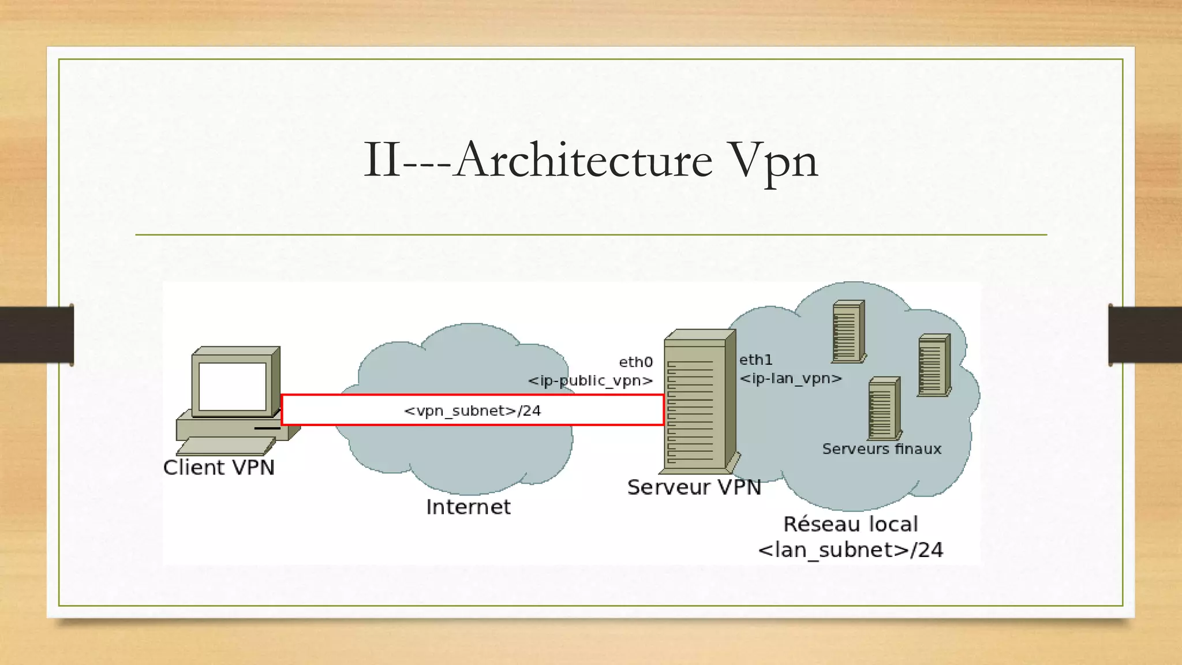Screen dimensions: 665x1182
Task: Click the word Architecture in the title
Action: [x=583, y=160]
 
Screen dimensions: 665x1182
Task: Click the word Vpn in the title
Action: [x=772, y=161]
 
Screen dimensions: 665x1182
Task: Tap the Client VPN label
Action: [x=219, y=468]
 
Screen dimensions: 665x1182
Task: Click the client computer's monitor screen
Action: [x=232, y=386]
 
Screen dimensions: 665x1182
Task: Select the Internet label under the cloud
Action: [x=468, y=507]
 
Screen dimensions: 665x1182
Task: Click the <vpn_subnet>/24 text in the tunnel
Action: [x=472, y=410]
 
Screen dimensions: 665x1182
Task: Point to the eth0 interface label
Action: [x=635, y=362]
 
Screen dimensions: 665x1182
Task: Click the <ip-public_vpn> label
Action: [x=590, y=381]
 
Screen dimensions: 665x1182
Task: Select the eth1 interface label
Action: [x=755, y=360]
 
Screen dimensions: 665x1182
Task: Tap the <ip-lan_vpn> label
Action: [x=791, y=379]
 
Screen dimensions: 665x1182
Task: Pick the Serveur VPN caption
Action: [x=694, y=487]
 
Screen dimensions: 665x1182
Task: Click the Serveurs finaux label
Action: [x=881, y=449]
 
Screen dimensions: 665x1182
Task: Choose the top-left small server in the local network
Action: [x=848, y=332]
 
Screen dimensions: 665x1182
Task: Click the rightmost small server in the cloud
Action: [x=933, y=365]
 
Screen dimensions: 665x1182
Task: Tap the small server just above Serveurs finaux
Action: [x=883, y=409]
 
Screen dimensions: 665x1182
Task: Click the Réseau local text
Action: [x=850, y=524]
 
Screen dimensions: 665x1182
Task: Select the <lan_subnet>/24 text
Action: [x=850, y=550]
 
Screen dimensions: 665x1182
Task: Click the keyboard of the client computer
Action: [x=226, y=446]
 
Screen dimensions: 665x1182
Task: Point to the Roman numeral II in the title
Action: [x=381, y=160]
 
